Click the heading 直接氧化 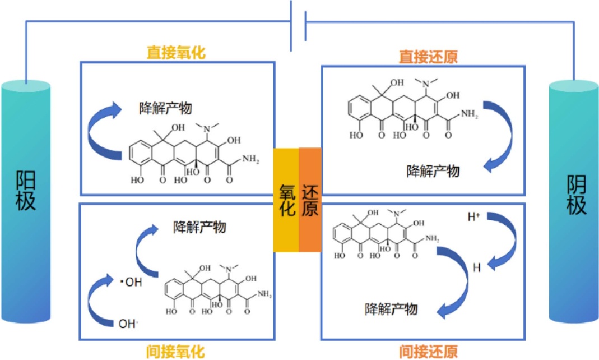pos(176,53)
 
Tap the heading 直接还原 pos(428,57)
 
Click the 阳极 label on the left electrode pos(26,191)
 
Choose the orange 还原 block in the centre pos(310,200)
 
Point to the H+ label pos(474,215)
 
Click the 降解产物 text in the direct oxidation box pos(165,108)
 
